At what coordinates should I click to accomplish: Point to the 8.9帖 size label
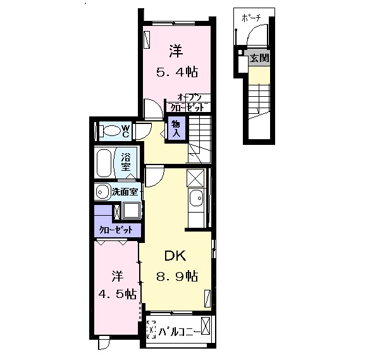178,276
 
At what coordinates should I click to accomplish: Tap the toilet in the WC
109,132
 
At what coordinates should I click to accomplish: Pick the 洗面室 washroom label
126,192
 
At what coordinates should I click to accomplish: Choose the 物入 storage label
175,130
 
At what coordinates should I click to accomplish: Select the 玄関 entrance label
259,58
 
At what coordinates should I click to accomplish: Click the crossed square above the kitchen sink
196,177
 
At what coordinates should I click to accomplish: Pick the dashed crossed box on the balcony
151,330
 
